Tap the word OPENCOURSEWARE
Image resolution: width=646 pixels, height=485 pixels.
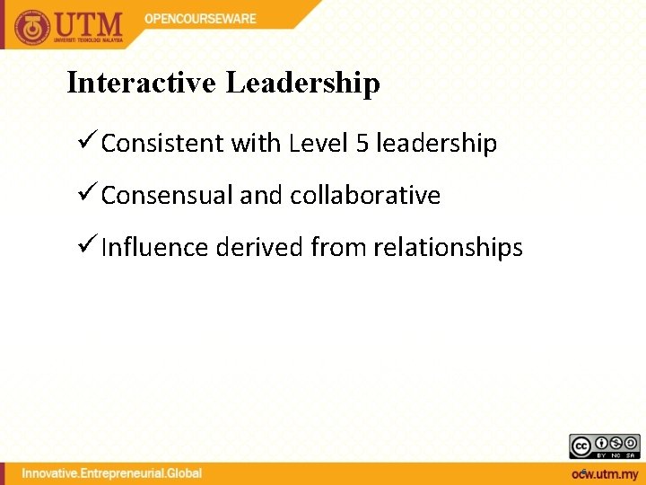[201, 19]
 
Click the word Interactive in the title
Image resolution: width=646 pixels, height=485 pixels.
[142, 84]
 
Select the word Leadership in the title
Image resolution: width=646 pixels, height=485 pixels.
[303, 84]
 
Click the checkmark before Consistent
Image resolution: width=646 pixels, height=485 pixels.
[87, 142]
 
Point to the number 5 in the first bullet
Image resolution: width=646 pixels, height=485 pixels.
[362, 144]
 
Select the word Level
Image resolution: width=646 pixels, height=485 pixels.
[318, 144]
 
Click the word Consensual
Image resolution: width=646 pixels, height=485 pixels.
[167, 196]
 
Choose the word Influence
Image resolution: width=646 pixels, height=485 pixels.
[155, 248]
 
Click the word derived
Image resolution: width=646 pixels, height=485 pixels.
[259, 248]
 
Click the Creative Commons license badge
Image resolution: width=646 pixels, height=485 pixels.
[605, 445]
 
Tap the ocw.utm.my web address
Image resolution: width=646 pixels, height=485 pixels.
[605, 472]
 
